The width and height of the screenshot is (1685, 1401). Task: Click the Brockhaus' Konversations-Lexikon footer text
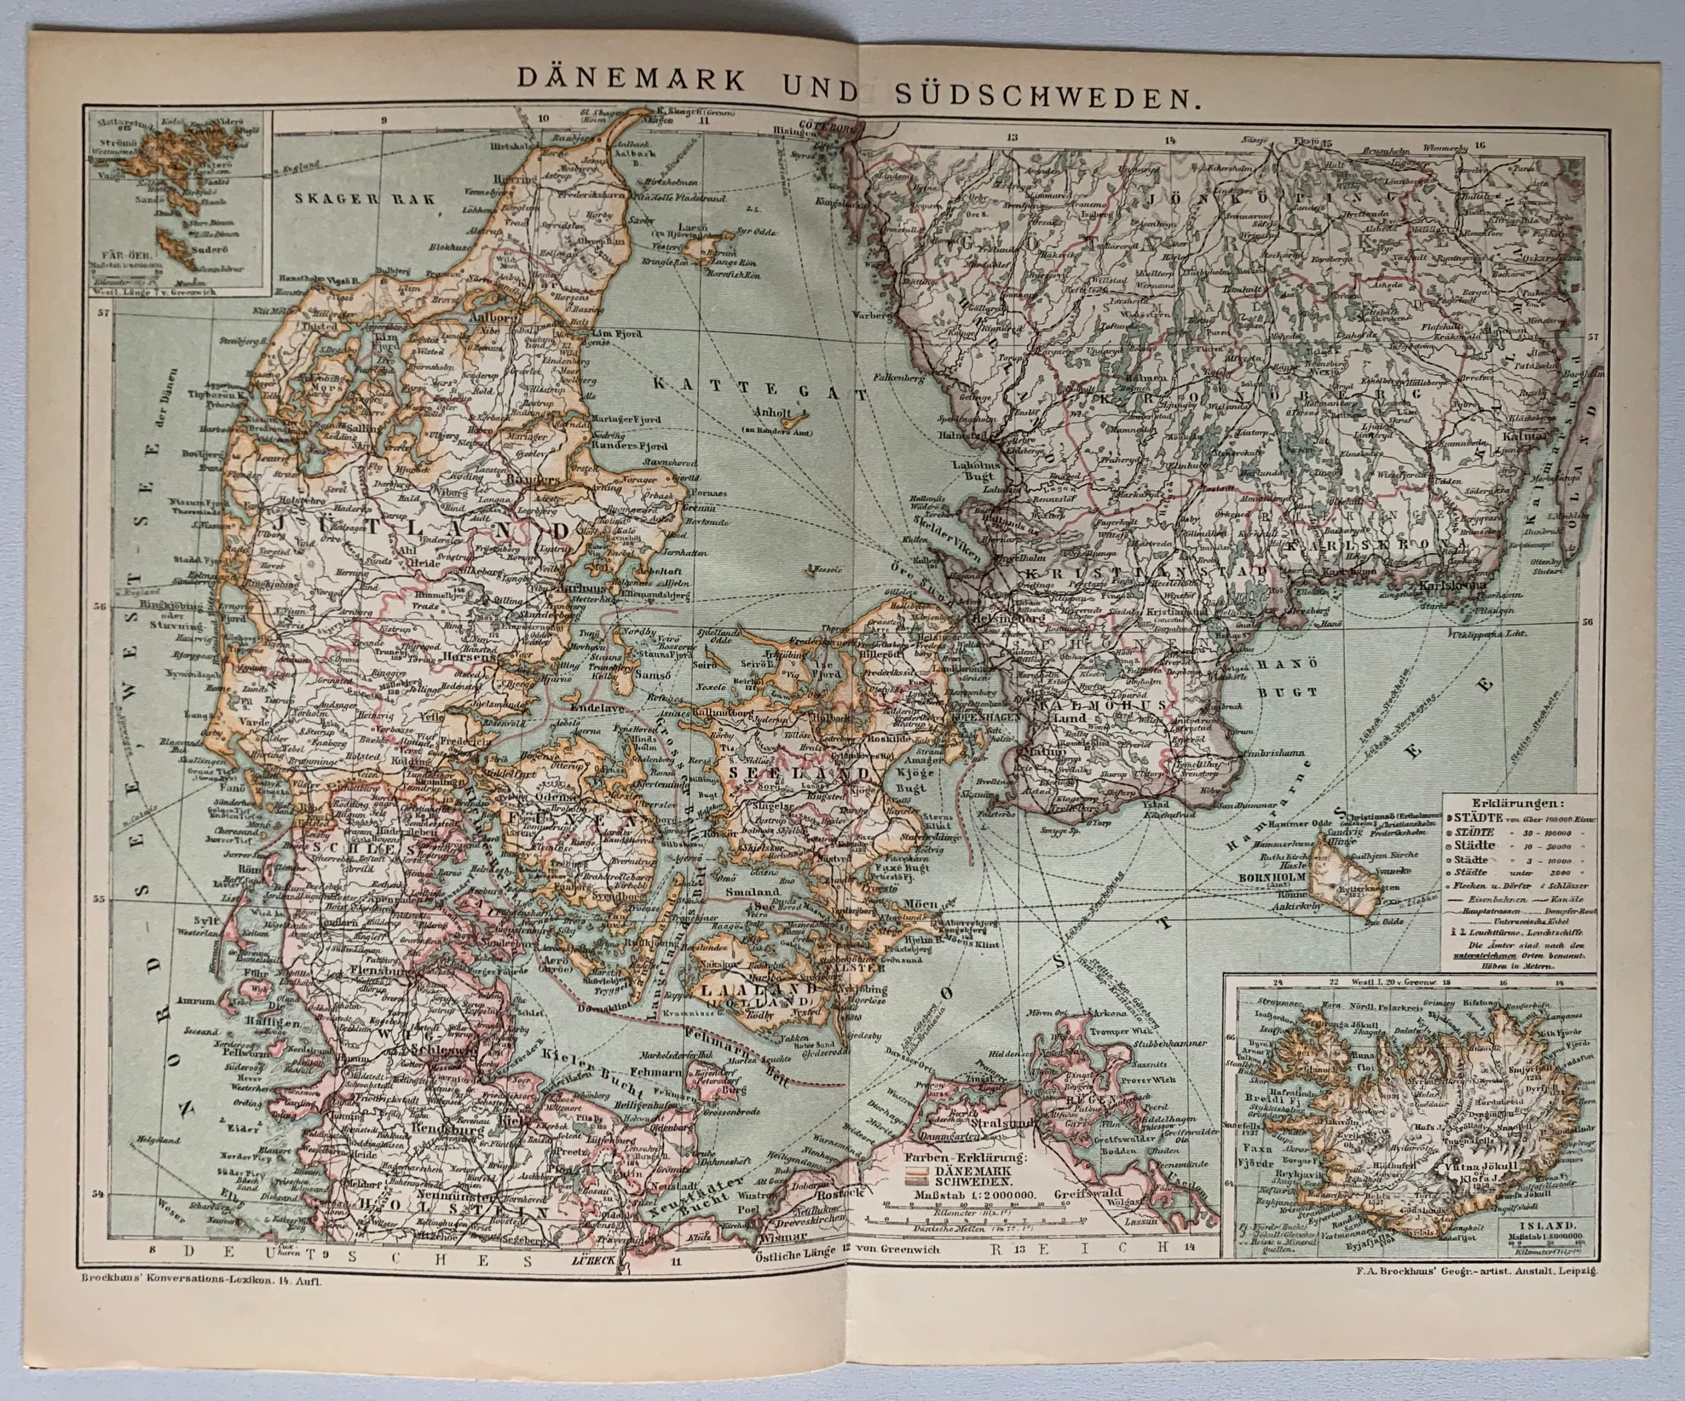click(x=197, y=1281)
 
